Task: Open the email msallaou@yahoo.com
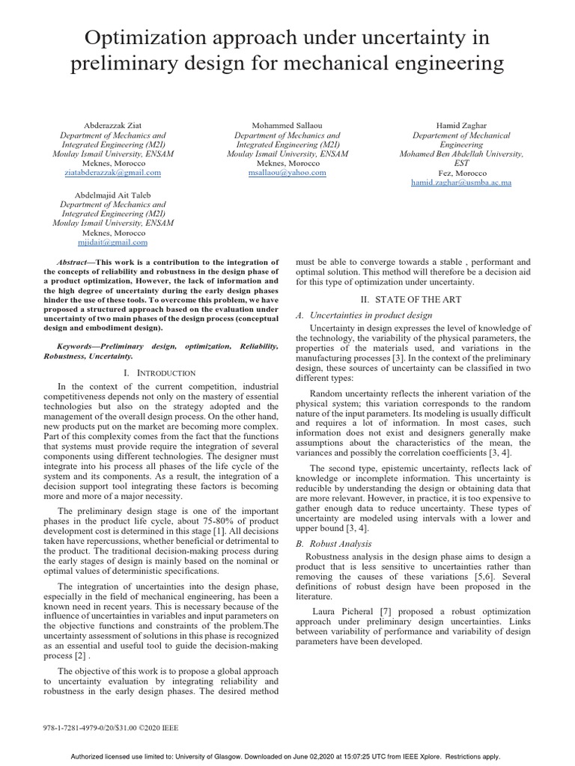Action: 288,173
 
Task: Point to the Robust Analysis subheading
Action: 345,544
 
